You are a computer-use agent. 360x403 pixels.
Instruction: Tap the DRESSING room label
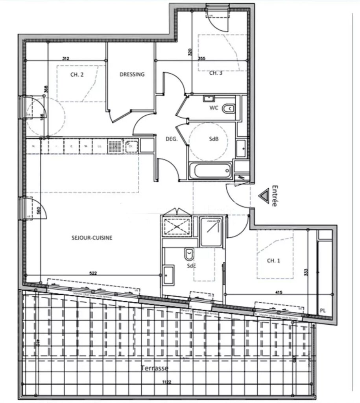tap(132, 74)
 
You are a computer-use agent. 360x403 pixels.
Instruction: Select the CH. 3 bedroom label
tap(216, 73)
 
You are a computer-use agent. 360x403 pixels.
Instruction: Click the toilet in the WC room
tap(228, 108)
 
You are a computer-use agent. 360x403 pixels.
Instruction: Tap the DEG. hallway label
tap(171, 139)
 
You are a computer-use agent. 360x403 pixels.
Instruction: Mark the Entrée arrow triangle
tap(264, 194)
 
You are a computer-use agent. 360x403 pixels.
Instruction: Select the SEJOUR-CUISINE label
tap(92, 238)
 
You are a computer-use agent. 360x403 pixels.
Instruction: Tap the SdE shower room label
tap(192, 266)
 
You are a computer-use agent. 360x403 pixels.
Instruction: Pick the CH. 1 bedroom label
tap(274, 261)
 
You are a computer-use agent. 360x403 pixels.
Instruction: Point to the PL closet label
tap(323, 311)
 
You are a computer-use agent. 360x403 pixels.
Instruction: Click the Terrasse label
tap(155, 368)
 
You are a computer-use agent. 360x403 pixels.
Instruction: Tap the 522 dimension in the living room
tap(93, 273)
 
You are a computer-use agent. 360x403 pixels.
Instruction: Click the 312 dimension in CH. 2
tap(66, 59)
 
